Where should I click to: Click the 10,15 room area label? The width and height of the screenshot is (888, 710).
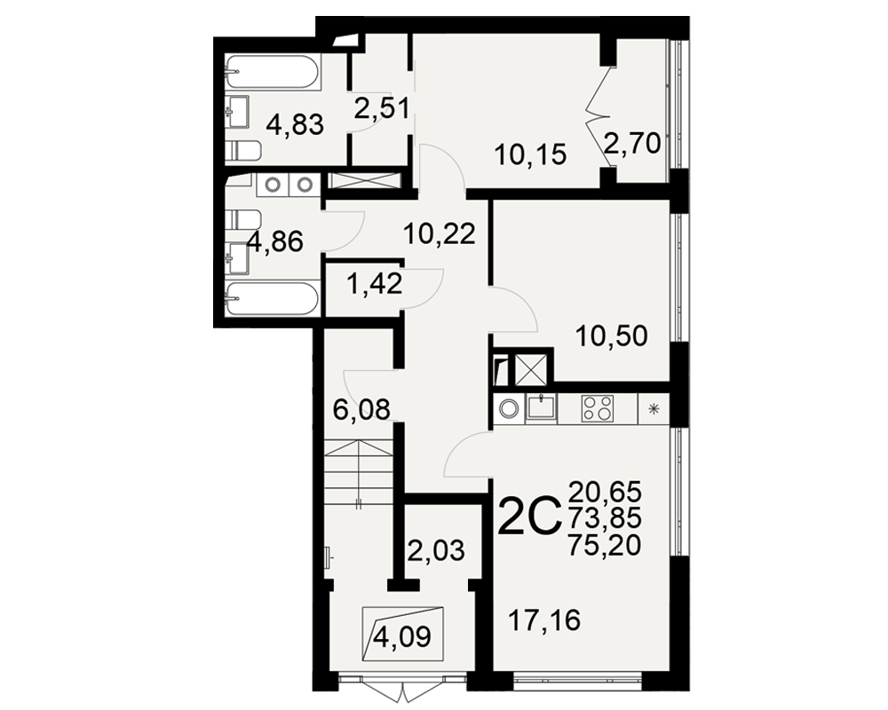coord(530,154)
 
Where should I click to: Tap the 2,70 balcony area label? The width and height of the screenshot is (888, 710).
coord(632,144)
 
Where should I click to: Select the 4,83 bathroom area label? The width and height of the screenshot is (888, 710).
coord(295,124)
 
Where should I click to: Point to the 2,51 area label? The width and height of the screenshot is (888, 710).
coord(381,107)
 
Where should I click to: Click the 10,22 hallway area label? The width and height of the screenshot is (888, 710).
coord(440,233)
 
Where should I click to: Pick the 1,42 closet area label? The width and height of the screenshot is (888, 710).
coord(375,283)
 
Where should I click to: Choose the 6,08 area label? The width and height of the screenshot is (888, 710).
coord(361,409)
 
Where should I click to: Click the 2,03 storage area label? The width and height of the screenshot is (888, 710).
coord(436,549)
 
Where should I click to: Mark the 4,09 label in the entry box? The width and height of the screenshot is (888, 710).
coord(402,637)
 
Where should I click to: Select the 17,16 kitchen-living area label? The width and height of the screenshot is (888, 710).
coord(545,620)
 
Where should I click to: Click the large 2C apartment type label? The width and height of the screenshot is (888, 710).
coord(529,518)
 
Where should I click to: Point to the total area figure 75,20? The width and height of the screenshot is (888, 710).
coord(605,545)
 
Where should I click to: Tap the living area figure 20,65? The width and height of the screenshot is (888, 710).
coord(605,490)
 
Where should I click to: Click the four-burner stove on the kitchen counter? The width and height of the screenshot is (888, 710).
coord(597,408)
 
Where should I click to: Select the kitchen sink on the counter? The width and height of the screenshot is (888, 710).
coord(542,407)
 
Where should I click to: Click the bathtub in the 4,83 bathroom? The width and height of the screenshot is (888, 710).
coord(274,71)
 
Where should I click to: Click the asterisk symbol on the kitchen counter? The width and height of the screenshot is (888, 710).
coord(654,408)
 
